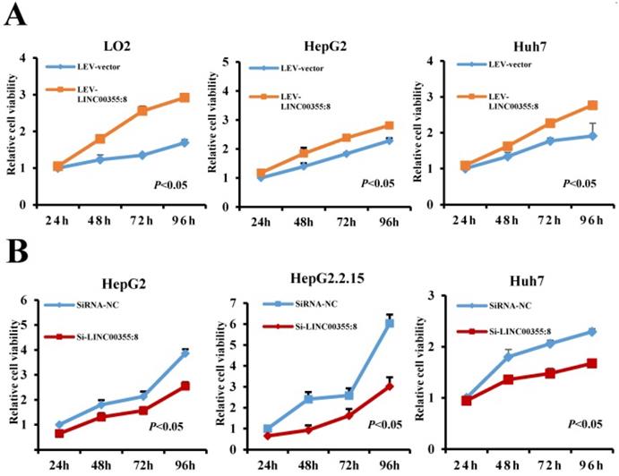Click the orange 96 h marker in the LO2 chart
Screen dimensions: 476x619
(x=184, y=98)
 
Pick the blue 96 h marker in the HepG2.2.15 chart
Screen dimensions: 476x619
(x=391, y=323)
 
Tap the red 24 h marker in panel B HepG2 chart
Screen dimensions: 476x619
(x=60, y=433)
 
